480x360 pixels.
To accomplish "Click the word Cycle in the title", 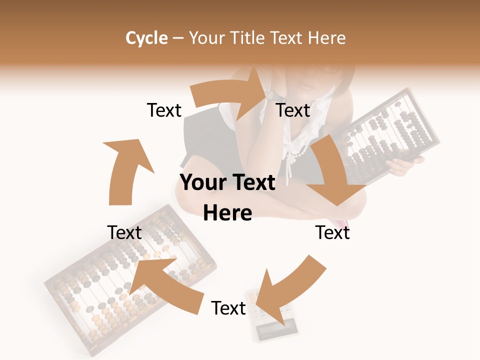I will [x=146, y=38].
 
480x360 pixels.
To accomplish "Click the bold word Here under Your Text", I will [x=227, y=213].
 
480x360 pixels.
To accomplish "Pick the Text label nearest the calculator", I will [x=228, y=308].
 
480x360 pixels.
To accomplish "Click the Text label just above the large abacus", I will [x=124, y=232].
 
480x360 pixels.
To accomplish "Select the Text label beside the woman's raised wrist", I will [x=293, y=110].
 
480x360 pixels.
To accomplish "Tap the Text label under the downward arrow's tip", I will [x=332, y=232].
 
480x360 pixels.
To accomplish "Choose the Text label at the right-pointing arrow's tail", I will [x=164, y=110].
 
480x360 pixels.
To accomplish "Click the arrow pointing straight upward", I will [x=125, y=170].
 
